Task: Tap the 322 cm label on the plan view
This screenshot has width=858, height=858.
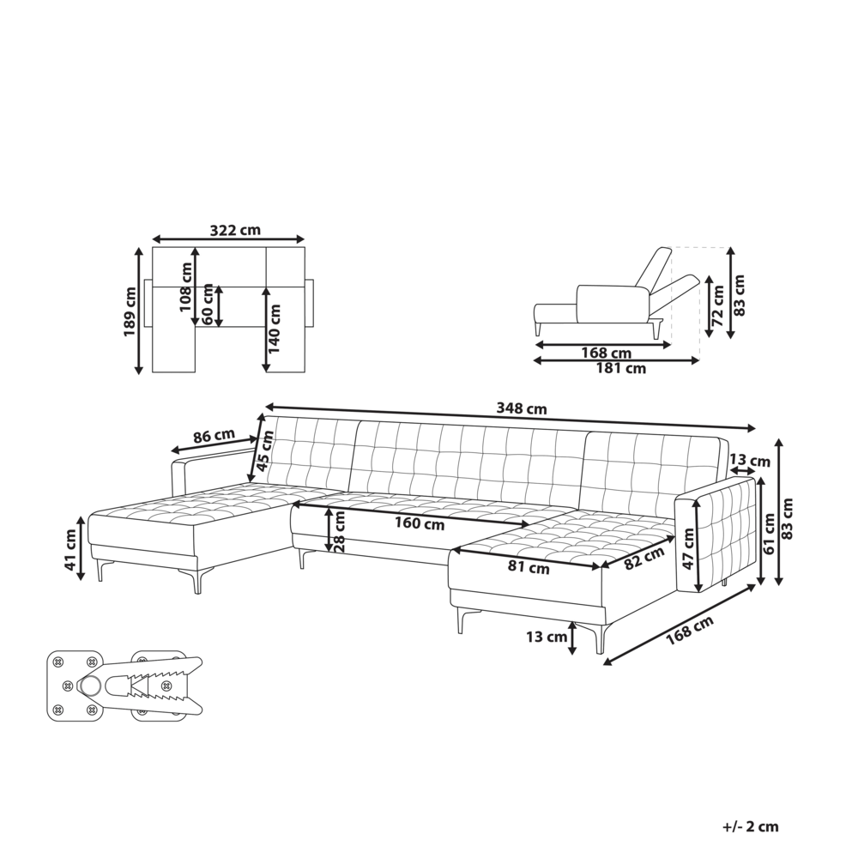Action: (234, 230)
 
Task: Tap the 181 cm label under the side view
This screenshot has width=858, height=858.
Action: (622, 369)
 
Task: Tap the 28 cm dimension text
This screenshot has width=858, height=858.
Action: (340, 531)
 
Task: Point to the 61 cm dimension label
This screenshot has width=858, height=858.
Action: (769, 533)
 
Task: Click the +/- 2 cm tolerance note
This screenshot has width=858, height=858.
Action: (749, 827)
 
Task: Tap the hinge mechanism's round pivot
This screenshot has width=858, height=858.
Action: (90, 686)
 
